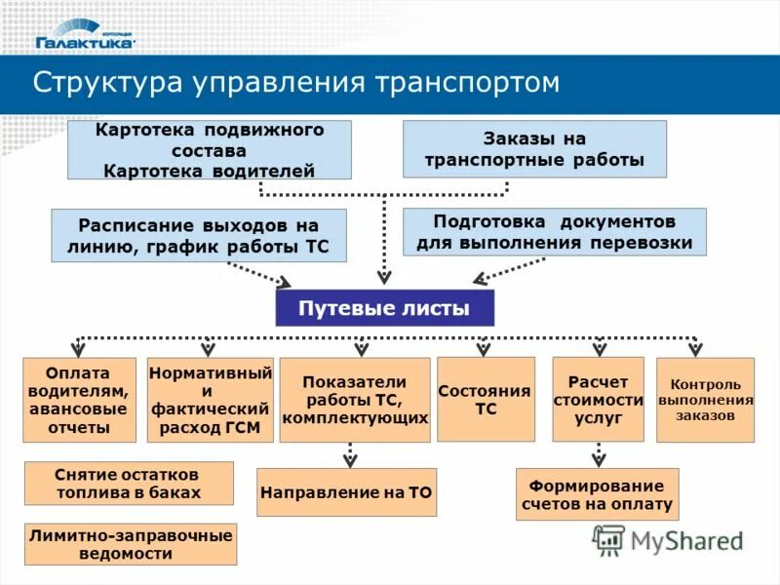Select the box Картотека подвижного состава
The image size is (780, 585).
pos(209,150)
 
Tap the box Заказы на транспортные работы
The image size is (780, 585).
pos(534,149)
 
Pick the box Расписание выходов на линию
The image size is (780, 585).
pos(199,235)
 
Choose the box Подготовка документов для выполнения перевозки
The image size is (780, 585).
pos(554,231)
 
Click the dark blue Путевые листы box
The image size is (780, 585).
pos(384,308)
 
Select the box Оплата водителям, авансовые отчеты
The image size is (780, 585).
pos(78,400)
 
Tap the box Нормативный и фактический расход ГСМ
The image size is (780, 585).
pos(210,400)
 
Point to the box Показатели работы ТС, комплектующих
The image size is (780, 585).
pos(355,400)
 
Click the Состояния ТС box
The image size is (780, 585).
pos(486,399)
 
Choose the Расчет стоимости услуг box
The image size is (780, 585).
pos(599,399)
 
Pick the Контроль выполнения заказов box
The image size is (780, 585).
pos(705,400)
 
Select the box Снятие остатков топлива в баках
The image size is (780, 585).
pos(129,483)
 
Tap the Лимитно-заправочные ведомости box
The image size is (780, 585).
pos(131,544)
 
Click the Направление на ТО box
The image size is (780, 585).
pos(346,492)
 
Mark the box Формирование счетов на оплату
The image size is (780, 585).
pos(597,494)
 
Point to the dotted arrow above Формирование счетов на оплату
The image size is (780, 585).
pos(599,454)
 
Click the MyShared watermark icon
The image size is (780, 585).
pos(608,539)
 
